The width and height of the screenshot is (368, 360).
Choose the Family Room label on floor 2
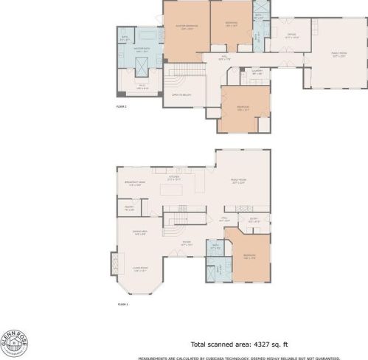(337, 56)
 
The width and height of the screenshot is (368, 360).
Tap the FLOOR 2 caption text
(122, 107)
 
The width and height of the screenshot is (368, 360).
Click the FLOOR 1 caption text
(122, 303)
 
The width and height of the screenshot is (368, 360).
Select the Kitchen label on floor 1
(175, 178)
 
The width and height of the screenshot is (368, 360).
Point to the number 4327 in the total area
(257, 345)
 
